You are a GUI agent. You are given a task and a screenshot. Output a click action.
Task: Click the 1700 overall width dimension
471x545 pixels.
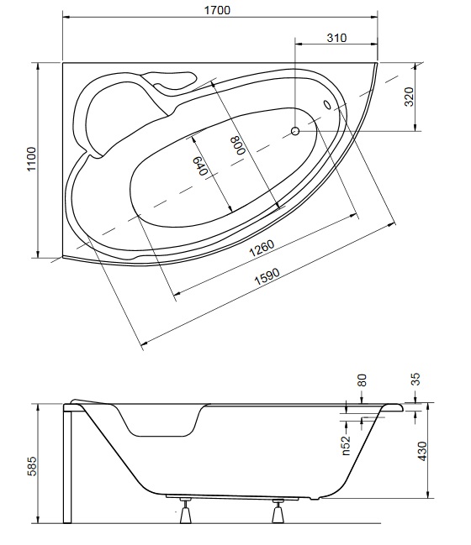pyautogui.click(x=217, y=10)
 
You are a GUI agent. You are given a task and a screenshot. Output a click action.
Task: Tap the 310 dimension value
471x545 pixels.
pyautogui.click(x=336, y=38)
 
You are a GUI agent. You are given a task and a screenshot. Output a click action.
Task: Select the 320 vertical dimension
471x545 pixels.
pyautogui.click(x=410, y=97)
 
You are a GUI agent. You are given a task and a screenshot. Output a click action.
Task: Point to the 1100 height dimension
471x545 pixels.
pyautogui.click(x=31, y=159)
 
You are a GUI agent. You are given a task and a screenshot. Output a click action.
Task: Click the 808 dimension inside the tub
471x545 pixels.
pyautogui.click(x=239, y=145)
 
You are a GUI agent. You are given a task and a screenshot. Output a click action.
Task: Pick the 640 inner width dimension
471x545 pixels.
pyautogui.click(x=200, y=165)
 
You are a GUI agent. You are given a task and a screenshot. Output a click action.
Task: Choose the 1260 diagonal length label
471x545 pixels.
pyautogui.click(x=262, y=249)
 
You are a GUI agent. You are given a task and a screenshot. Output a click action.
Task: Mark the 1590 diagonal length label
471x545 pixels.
pyautogui.click(x=267, y=276)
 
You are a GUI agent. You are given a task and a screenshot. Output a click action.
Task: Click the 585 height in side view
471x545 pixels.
pyautogui.click(x=31, y=466)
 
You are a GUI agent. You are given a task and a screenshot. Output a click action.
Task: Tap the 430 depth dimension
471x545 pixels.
pyautogui.click(x=422, y=451)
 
